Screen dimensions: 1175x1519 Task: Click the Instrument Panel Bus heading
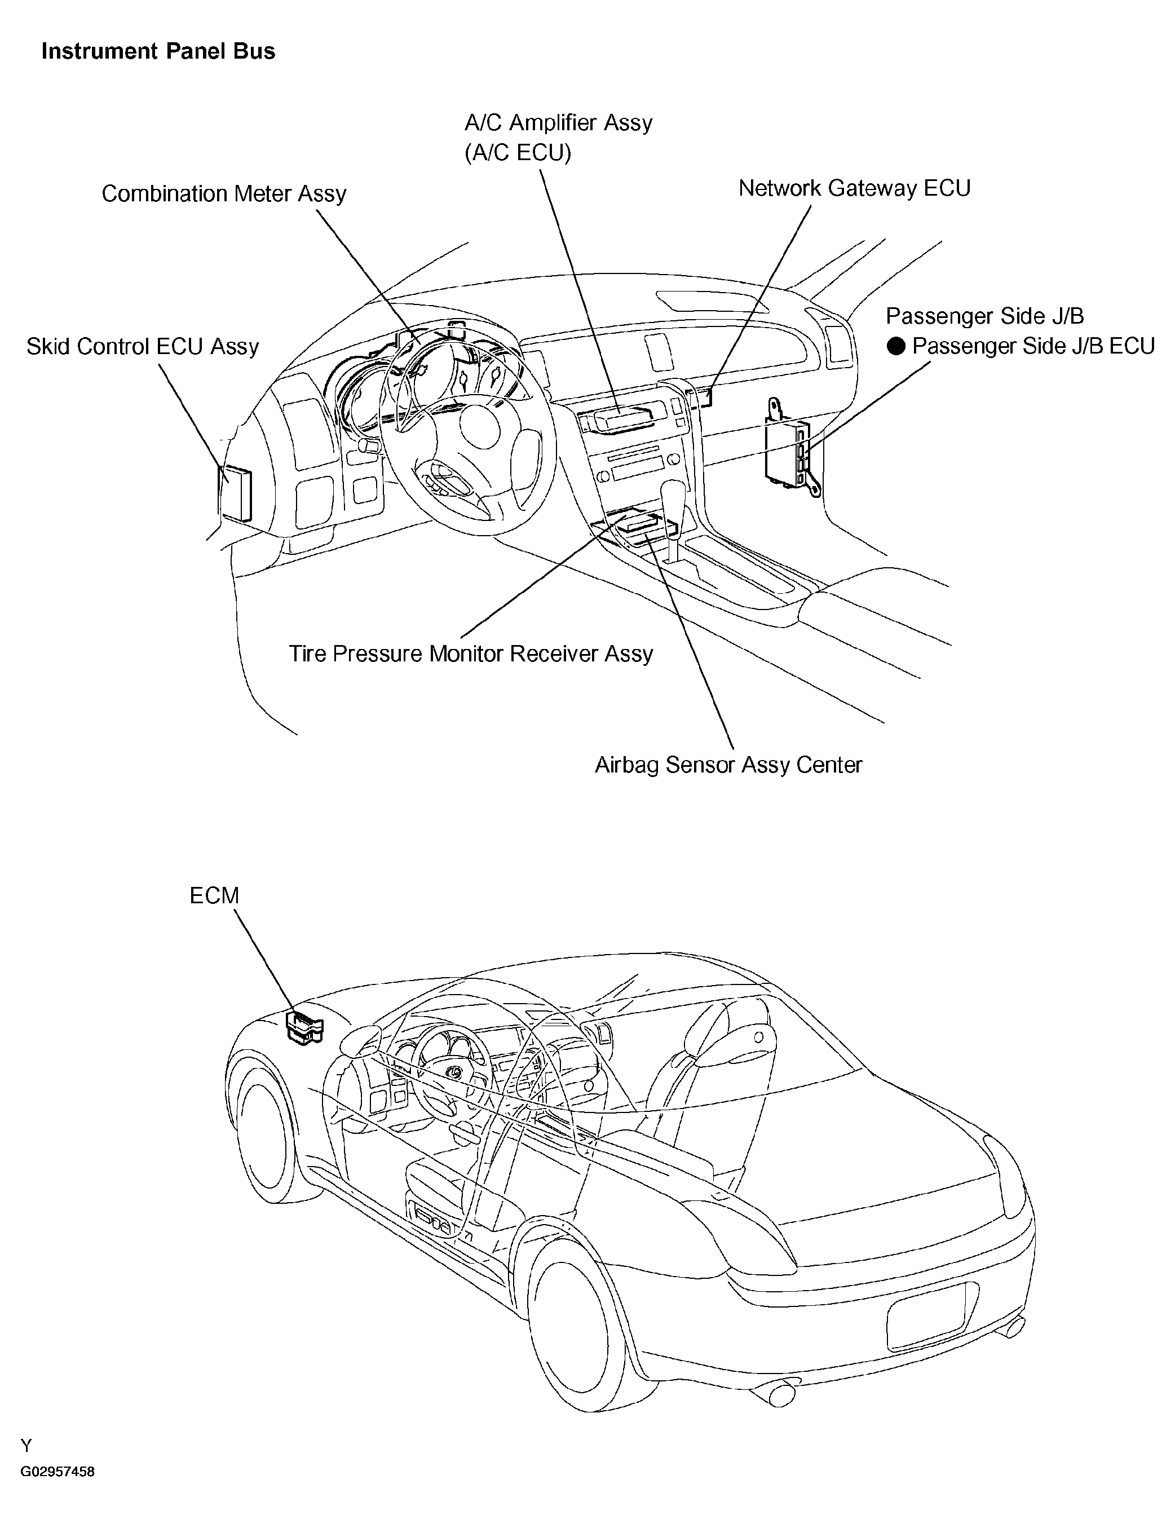tap(158, 51)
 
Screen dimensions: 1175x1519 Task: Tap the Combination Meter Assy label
tap(224, 193)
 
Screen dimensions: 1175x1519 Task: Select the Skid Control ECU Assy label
tap(143, 346)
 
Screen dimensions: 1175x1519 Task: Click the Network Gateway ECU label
tap(854, 188)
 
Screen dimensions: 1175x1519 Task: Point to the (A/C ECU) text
tap(518, 152)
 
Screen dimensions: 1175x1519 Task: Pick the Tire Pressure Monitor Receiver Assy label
tap(471, 654)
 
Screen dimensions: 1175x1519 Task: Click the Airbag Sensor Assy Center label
tap(728, 765)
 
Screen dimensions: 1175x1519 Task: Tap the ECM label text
tap(214, 896)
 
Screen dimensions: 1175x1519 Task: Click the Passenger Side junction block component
tap(791, 447)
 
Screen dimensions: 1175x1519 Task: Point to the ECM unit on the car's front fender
tap(304, 1028)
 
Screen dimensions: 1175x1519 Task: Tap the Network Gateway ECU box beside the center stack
tap(700, 399)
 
